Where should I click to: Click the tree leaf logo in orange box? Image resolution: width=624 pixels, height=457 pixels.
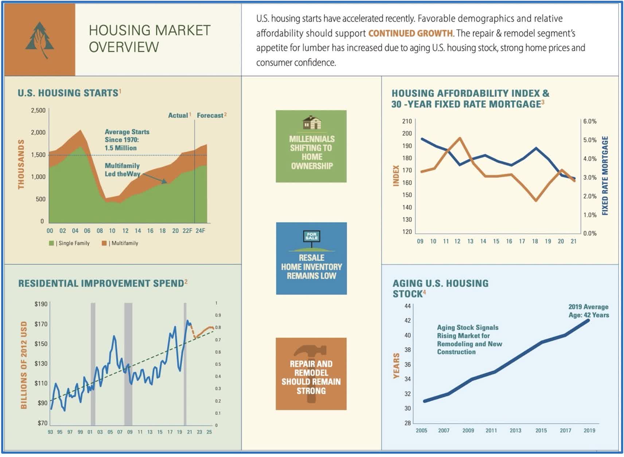(x=39, y=40)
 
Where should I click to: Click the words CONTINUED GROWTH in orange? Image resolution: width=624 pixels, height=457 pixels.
(x=410, y=33)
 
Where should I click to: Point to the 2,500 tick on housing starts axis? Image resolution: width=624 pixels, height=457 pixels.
(x=38, y=110)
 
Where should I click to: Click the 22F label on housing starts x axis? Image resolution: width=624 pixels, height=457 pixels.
(x=187, y=231)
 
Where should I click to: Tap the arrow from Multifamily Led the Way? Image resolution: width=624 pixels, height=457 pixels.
(x=155, y=178)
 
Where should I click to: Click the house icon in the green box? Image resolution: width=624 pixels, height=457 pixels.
(x=312, y=122)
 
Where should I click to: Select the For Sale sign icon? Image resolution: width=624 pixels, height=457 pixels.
(x=312, y=237)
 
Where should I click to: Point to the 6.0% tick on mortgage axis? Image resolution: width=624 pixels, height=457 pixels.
(x=590, y=121)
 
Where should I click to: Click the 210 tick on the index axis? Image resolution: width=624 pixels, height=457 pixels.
(x=407, y=121)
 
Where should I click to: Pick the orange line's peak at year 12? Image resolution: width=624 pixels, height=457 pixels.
(x=460, y=138)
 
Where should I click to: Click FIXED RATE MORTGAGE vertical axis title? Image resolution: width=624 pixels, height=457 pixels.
(x=605, y=176)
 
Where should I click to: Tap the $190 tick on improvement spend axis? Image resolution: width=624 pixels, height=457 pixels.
(x=41, y=304)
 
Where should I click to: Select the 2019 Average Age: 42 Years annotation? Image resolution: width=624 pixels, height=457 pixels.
(x=588, y=311)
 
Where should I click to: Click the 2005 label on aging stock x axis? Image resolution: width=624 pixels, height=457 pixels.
(x=421, y=430)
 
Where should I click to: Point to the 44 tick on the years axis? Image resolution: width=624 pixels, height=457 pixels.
(x=407, y=306)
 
